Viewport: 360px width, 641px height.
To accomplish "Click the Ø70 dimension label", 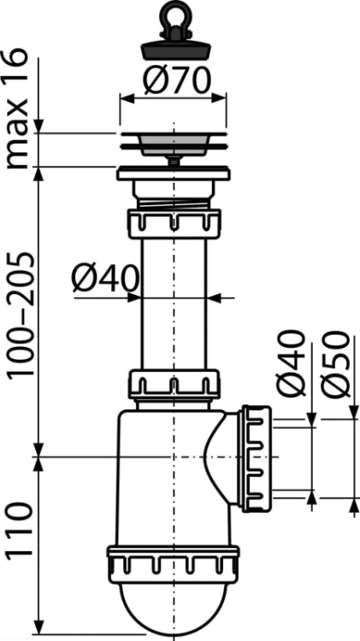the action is tap(177, 80).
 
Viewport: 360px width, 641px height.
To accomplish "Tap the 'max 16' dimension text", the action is tap(17, 109).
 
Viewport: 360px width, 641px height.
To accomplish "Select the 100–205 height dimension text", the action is tap(21, 315).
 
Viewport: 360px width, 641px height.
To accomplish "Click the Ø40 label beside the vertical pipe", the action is tap(105, 279).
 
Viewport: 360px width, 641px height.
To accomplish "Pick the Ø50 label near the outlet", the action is tap(335, 364).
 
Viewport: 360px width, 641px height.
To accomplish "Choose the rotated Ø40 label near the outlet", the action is tap(291, 364).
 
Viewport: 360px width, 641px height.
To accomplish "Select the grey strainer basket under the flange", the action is tap(174, 147).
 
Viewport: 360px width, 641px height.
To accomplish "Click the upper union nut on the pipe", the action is tap(174, 224).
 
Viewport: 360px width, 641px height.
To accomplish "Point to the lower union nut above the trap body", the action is tap(174, 384).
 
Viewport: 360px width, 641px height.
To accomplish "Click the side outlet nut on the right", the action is tap(257, 459).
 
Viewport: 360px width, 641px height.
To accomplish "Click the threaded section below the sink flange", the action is tap(174, 203).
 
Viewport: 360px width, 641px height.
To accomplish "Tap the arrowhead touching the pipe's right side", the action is tap(215, 298).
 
